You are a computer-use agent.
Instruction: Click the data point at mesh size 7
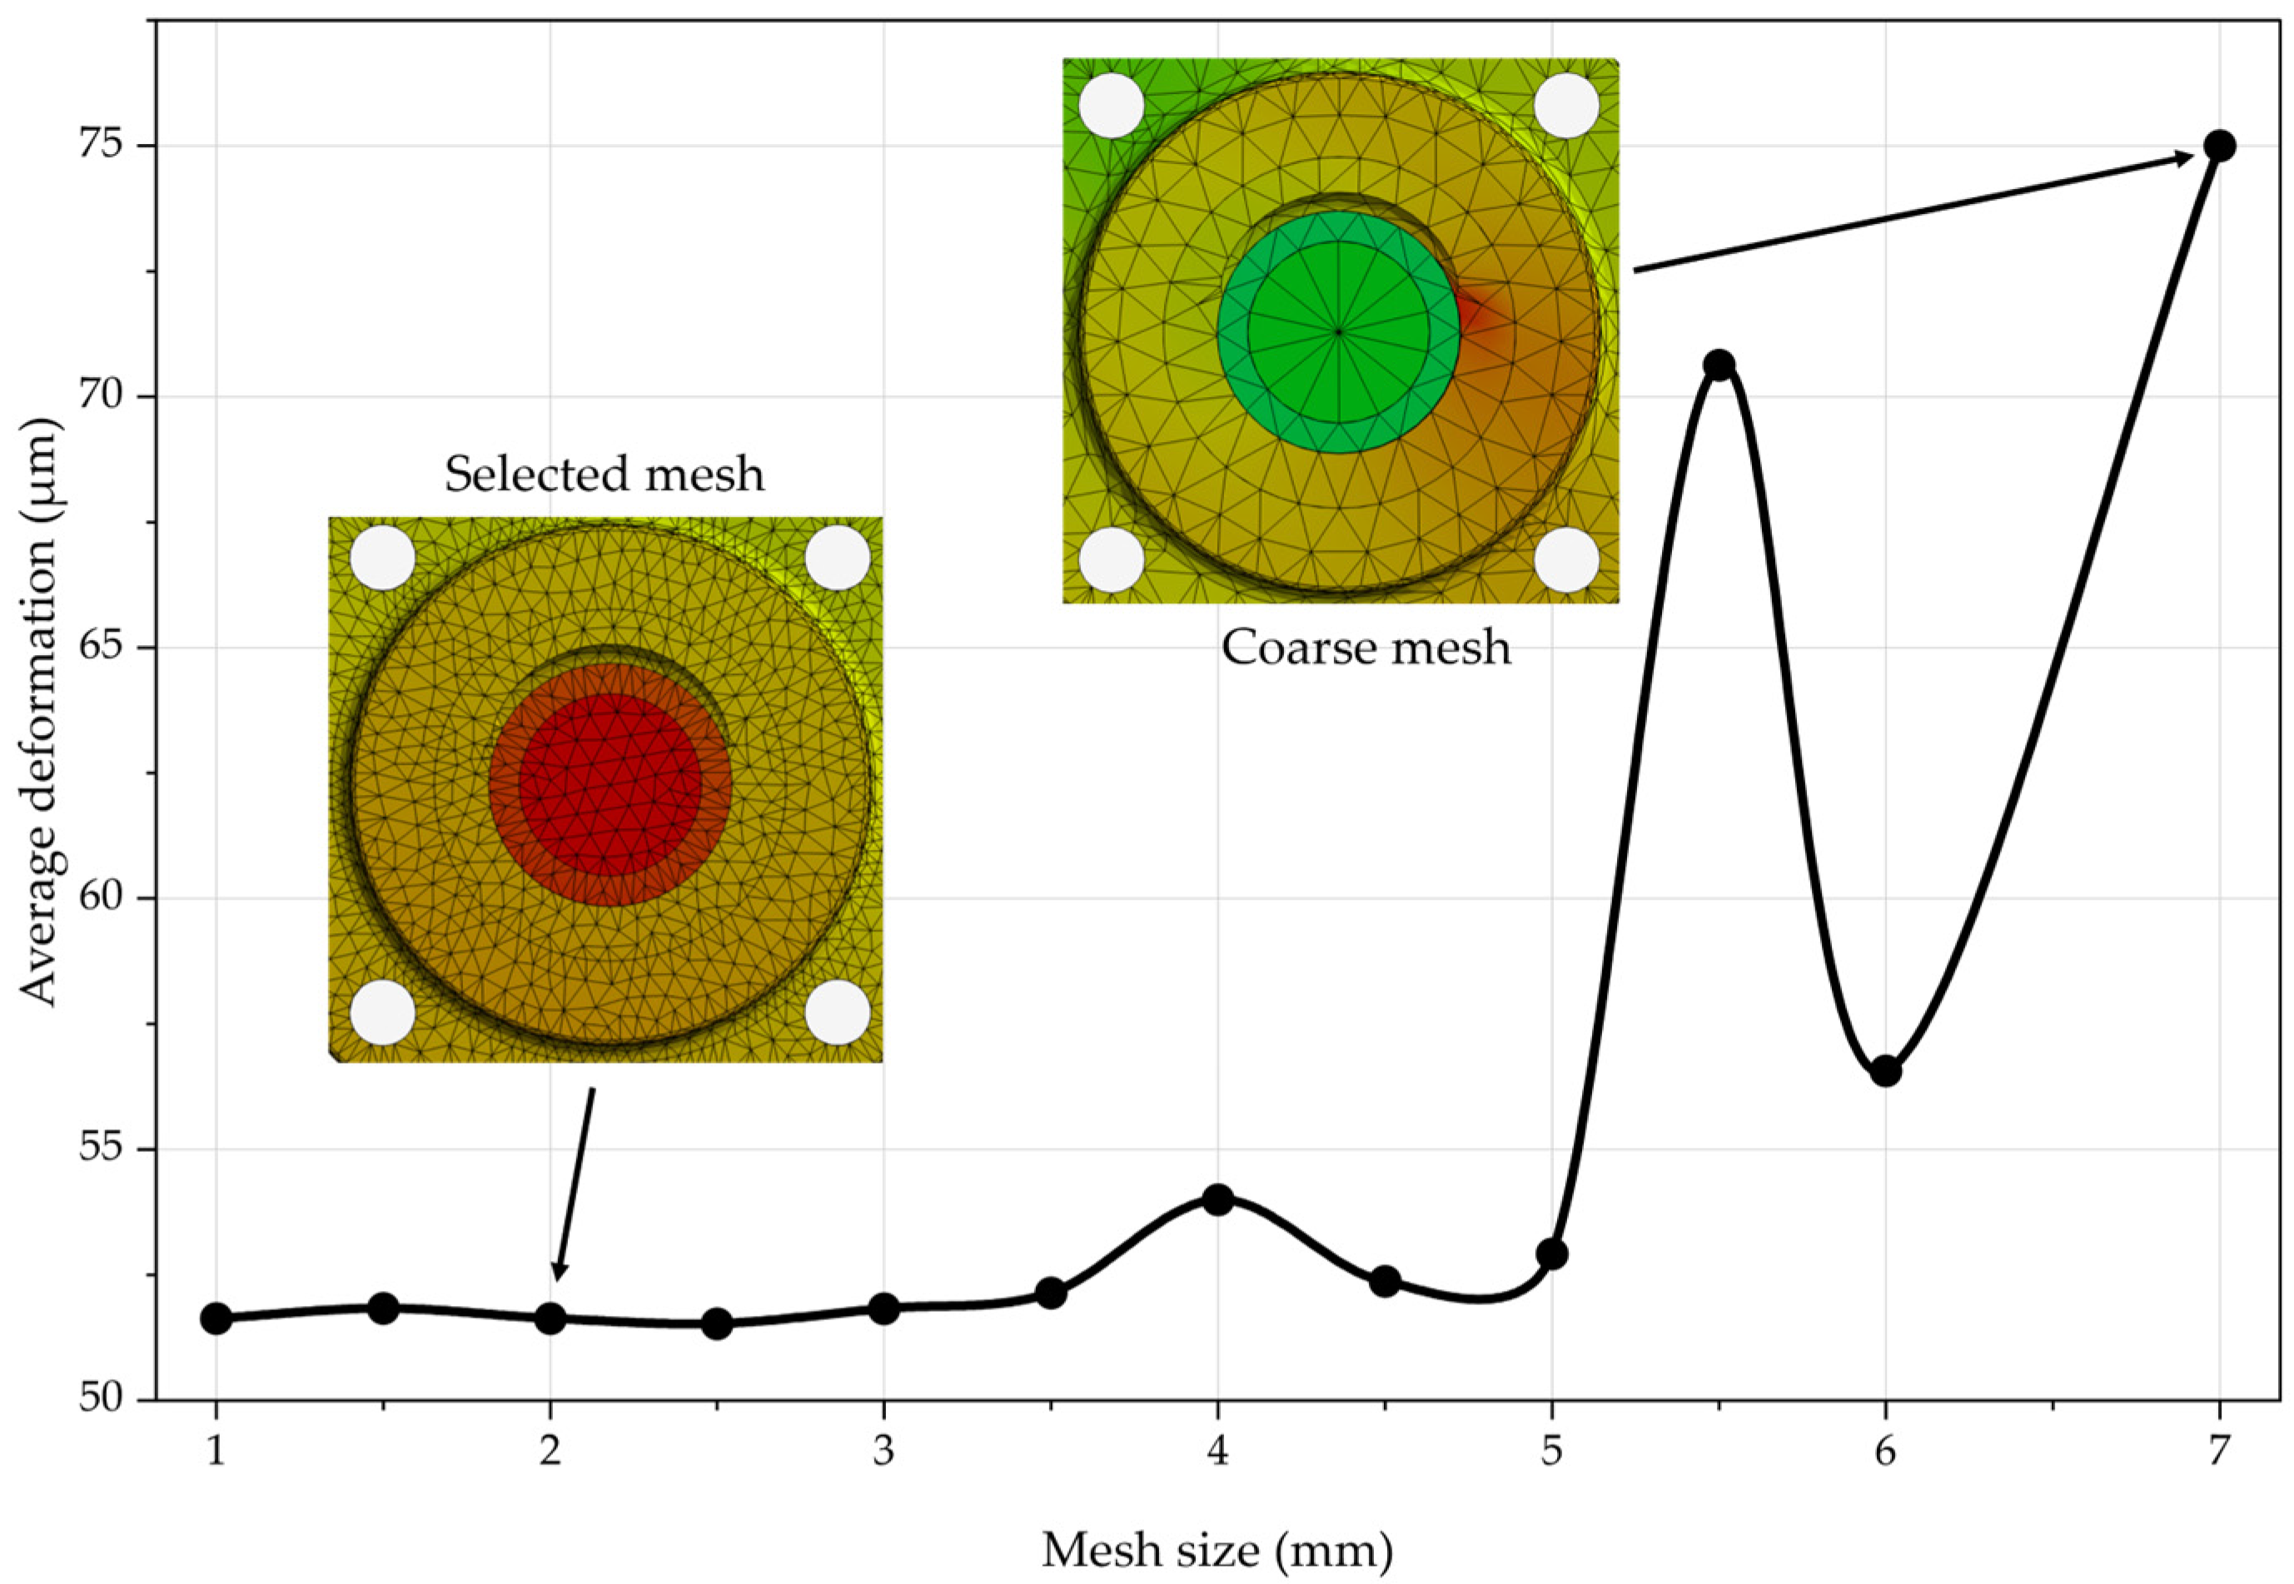tap(2218, 146)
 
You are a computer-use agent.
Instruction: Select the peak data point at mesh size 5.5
tap(1719, 365)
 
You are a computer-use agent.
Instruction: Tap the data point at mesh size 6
tap(1885, 1071)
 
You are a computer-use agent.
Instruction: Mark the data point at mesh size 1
tap(216, 1318)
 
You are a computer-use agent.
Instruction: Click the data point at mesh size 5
tap(1551, 1254)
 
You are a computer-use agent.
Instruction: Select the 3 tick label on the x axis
tap(883, 1452)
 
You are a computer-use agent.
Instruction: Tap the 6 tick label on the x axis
tap(1885, 1452)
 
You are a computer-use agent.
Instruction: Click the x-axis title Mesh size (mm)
tap(1217, 1549)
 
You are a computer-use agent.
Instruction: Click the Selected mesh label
tap(605, 474)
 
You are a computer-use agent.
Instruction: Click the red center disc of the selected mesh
tap(610, 784)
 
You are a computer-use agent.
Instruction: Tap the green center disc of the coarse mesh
tap(1338, 331)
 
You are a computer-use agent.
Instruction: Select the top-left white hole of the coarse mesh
tap(1112, 105)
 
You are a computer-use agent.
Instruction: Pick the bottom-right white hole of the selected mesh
tap(837, 1012)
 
